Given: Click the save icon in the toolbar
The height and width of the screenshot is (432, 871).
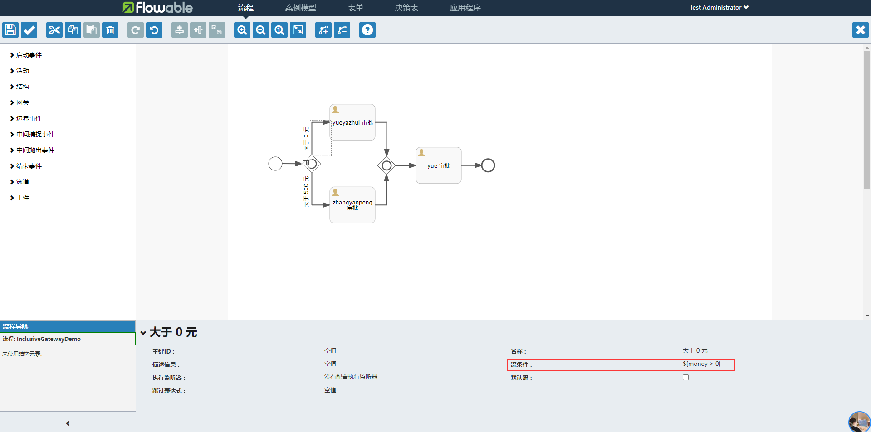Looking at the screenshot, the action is coord(10,30).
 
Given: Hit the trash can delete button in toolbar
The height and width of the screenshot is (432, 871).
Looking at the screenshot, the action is coord(110,30).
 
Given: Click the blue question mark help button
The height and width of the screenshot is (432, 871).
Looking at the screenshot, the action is coord(367,30).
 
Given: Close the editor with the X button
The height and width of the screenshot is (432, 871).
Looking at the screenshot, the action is coord(860,30).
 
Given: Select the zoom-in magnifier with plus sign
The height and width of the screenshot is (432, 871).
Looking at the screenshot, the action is coord(242,30).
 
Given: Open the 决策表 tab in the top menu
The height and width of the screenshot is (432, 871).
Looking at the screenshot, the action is coord(406,8).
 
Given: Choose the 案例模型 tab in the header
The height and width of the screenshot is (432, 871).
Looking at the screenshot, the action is coord(300,8).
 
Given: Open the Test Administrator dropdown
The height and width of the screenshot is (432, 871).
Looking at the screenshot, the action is coord(719,7).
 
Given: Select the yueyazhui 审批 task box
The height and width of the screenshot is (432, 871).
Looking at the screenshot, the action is coord(352,122).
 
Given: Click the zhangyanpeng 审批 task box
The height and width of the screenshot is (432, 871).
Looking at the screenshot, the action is coord(352,205).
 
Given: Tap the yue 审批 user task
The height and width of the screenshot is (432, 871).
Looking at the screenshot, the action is coord(439,165).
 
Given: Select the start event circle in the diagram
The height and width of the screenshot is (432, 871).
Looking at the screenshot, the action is coord(275,164).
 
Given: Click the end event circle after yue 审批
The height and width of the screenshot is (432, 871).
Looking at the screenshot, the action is coord(488,165).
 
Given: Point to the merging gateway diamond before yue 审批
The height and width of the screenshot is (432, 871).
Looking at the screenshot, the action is coord(387,165).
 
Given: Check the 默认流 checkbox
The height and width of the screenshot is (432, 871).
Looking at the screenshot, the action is coord(685,377).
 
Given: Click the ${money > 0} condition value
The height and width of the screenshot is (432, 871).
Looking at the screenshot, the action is coord(701,364).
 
